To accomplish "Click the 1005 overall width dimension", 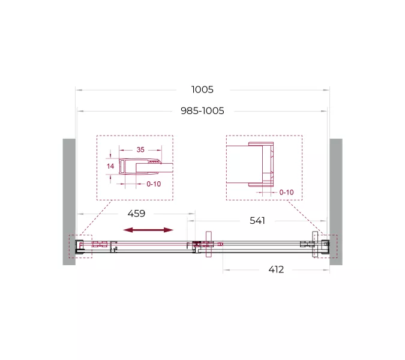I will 202,90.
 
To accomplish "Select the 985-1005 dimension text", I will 202,110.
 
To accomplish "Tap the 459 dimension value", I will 136,214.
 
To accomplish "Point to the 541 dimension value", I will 257,220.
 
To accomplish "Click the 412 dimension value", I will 275,269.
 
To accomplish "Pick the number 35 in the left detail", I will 140,149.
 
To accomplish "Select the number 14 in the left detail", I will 110,166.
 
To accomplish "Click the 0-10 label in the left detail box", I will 154,184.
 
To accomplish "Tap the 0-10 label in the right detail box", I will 286,192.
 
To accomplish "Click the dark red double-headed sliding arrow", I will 148,230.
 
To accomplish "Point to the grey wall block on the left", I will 69,201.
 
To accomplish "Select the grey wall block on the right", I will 336,201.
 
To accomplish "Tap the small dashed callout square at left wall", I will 80,246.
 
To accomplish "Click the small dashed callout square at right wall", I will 328,246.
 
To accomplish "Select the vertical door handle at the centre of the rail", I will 208,245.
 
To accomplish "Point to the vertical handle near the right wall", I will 314,244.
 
